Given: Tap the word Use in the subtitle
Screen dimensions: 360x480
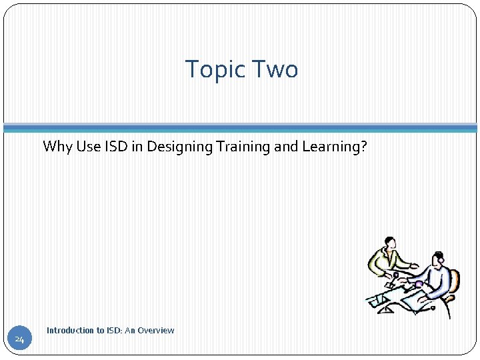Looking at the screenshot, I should point(88,147).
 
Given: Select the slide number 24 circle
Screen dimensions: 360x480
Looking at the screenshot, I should point(19,340).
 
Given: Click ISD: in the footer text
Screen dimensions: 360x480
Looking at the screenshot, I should point(116,331).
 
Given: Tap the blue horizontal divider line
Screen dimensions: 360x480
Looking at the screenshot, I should point(240,127).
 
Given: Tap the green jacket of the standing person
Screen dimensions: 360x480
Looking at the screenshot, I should point(383,262).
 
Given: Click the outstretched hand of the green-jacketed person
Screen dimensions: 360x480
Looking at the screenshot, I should point(415,266).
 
